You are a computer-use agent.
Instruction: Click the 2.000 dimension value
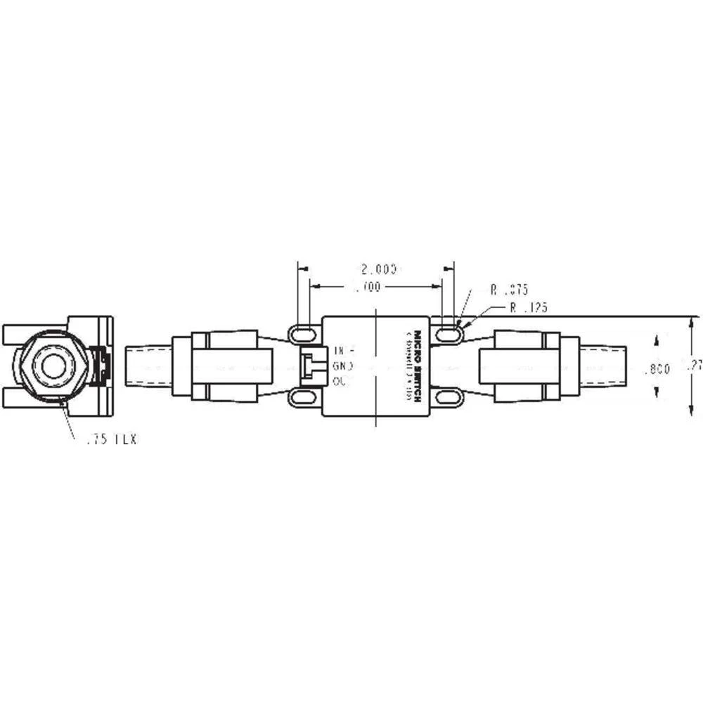click(379, 269)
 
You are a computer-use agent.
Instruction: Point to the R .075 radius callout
click(510, 289)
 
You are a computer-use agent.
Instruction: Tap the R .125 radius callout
click(529, 307)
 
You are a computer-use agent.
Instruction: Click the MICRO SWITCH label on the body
click(418, 366)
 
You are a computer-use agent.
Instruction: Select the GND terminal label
click(344, 366)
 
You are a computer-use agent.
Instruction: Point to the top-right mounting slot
click(447, 331)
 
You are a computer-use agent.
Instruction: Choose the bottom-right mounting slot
click(447, 399)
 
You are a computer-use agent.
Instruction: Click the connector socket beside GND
click(310, 366)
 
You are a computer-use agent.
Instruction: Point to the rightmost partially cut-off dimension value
click(696, 366)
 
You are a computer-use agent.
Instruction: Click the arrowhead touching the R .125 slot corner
click(460, 324)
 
